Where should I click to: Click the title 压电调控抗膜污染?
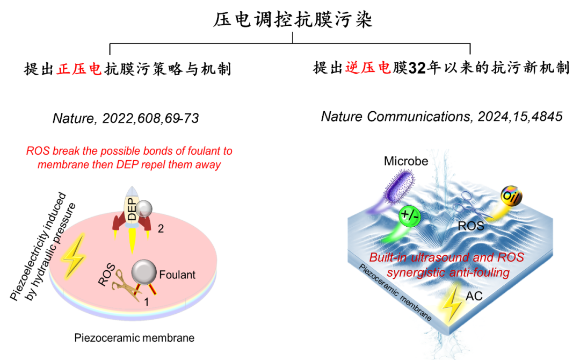click(293, 19)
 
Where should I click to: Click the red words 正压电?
click(79, 69)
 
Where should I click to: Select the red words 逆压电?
click(368, 68)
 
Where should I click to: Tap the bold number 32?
click(417, 68)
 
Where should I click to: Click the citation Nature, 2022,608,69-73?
click(126, 118)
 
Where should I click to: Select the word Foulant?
click(177, 275)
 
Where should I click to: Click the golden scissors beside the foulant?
click(125, 285)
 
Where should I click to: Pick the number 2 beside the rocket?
click(161, 229)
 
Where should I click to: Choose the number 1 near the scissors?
click(147, 302)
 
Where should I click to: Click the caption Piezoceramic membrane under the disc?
click(134, 338)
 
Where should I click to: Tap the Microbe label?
click(406, 161)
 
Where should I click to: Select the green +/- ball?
click(410, 215)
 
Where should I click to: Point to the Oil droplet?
click(512, 196)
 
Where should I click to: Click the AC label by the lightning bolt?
click(474, 296)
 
